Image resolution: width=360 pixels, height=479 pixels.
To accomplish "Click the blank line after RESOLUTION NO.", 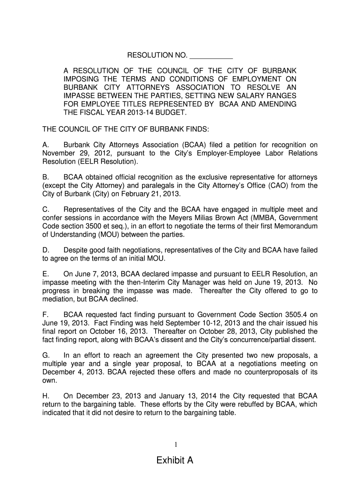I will click(x=211, y=56).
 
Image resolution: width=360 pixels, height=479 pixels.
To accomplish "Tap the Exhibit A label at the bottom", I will click(x=175, y=461).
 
